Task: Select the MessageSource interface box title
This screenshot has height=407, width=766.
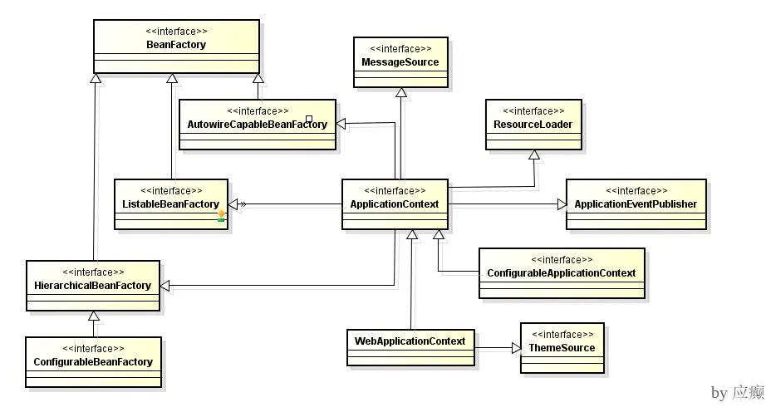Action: click(x=400, y=62)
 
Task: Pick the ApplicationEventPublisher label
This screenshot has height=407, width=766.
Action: click(x=635, y=203)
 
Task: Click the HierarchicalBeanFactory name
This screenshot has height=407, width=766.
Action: click(x=91, y=285)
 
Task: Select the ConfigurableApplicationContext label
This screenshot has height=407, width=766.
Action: click(x=561, y=272)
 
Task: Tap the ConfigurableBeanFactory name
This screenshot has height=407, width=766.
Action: click(x=93, y=361)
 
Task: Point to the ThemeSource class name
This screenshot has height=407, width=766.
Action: click(x=562, y=347)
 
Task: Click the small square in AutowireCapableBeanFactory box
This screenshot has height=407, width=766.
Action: click(x=308, y=119)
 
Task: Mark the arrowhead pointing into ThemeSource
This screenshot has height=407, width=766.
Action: click(x=514, y=348)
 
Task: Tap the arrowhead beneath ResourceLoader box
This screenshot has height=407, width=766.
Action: click(x=534, y=155)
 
